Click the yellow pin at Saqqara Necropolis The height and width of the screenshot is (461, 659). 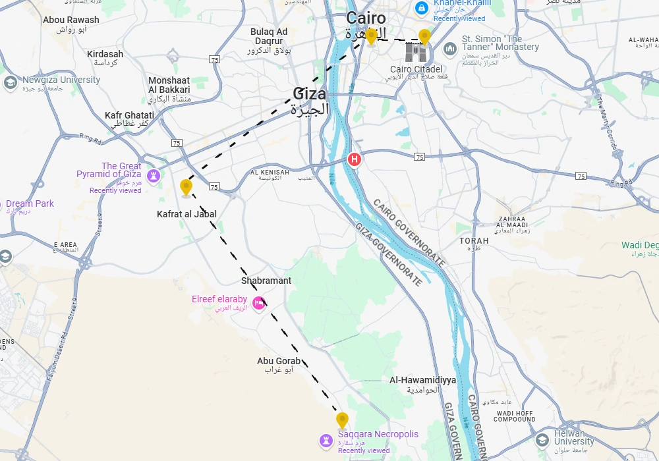tap(342, 420)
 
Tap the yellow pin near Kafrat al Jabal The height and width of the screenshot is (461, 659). tap(186, 188)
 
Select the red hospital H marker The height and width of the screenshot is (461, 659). tap(355, 159)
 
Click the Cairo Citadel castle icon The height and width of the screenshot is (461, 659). tap(416, 53)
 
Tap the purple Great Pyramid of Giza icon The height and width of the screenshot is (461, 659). tap(154, 175)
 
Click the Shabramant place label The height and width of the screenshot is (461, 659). tap(266, 281)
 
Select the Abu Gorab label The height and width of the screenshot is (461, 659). tap(279, 361)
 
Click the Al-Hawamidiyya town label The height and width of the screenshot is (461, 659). tap(422, 380)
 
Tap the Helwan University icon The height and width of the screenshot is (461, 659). tap(542, 439)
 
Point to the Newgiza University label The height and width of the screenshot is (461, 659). tap(61, 80)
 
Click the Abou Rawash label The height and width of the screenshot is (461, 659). tap(71, 20)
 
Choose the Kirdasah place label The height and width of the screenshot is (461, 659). tap(105, 54)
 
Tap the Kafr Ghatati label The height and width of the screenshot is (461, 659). tap(130, 116)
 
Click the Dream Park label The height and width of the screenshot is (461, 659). tap(30, 204)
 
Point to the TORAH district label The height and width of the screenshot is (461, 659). tap(474, 241)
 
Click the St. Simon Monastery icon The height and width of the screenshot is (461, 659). tap(450, 49)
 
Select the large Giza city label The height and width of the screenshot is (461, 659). tap(310, 94)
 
